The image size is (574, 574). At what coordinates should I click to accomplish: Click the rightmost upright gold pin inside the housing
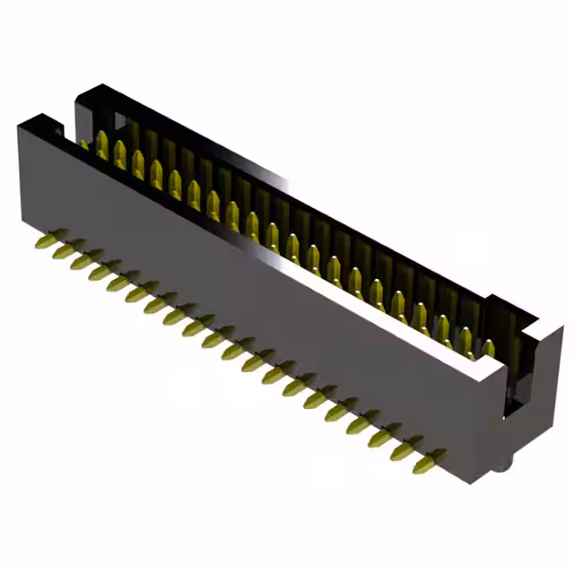(x=488, y=349)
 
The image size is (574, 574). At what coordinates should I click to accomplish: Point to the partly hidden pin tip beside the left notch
(x=83, y=143)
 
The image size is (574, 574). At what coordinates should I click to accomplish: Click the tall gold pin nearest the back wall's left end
(x=102, y=145)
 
